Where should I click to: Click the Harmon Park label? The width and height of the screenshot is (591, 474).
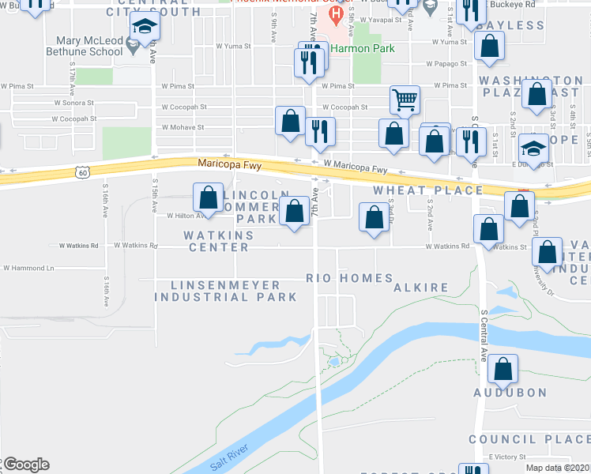pos(363,48)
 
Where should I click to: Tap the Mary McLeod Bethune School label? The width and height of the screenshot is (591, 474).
pos(89,46)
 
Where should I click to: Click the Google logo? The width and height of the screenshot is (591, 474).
pos(25,465)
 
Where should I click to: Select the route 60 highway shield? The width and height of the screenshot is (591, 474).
pos(83,171)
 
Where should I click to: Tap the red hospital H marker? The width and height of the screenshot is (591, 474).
pos(337,14)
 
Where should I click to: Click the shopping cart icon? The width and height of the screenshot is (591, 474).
pos(405,100)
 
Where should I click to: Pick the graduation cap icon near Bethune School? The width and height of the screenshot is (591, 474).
pos(145,28)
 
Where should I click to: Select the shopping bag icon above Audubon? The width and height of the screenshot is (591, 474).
pos(503,368)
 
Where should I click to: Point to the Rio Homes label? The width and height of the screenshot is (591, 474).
pos(349,278)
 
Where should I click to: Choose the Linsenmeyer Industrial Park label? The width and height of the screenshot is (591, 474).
pos(225,291)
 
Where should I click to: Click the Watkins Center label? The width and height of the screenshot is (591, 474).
pos(219,242)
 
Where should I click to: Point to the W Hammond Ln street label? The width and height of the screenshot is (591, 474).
pos(28,269)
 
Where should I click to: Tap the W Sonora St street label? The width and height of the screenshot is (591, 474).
pos(73,103)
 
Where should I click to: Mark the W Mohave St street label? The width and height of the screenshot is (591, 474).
pos(183,126)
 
